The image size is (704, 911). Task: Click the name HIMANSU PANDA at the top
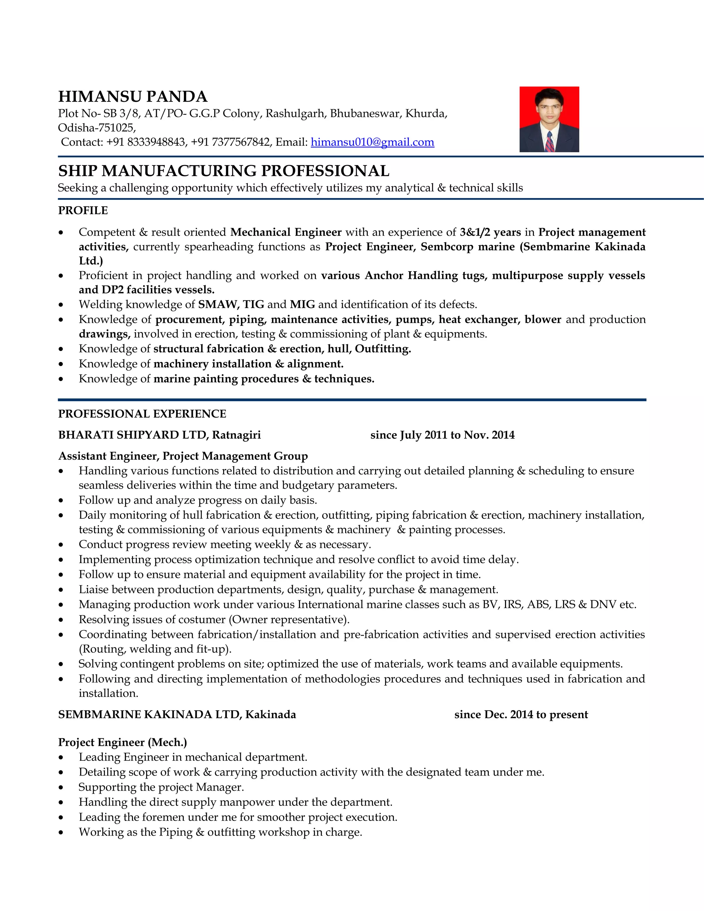click(133, 97)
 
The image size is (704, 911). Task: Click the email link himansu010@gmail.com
click(372, 142)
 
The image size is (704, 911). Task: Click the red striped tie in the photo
click(550, 142)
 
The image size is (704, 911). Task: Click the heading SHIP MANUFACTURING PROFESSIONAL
click(223, 171)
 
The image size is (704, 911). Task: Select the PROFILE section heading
click(83, 211)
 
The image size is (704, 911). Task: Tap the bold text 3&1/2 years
click(490, 232)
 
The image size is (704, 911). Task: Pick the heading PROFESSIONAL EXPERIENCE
click(142, 414)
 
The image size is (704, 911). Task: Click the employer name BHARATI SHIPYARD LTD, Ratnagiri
click(159, 435)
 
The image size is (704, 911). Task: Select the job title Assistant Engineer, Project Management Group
click(183, 456)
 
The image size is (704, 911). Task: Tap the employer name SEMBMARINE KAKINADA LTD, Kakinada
click(177, 715)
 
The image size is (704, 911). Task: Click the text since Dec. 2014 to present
click(521, 715)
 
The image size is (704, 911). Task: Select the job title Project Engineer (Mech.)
click(123, 742)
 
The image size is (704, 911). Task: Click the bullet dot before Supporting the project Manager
click(61, 788)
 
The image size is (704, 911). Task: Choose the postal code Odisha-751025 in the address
click(96, 128)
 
